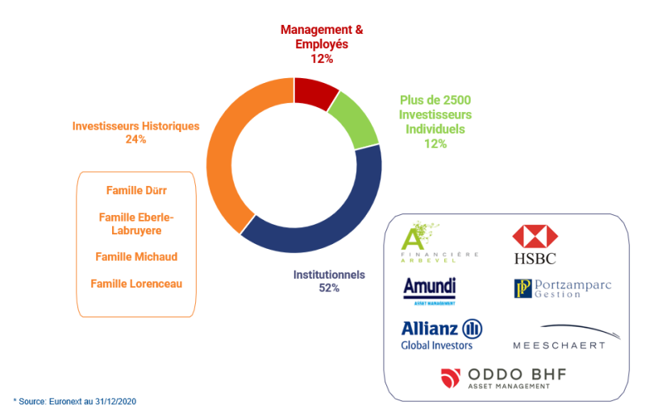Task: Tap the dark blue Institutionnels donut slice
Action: pos(322,222)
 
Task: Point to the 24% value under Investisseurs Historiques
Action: pos(135,139)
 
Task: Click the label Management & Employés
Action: pos(322,36)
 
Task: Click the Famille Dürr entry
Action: pos(135,191)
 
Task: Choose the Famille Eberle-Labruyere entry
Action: pos(135,224)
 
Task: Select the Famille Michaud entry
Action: pos(135,257)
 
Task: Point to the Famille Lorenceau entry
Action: pos(135,284)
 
